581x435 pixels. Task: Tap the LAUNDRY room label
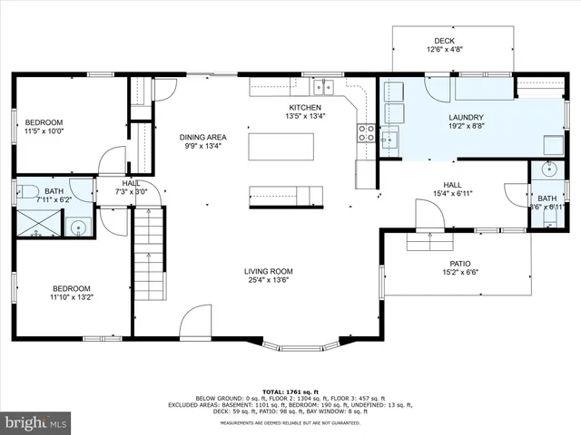pos(465,117)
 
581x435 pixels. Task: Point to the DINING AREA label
pos(202,135)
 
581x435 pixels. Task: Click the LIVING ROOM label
pos(268,271)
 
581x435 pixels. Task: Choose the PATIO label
pos(460,261)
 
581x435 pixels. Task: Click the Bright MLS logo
pos(36,422)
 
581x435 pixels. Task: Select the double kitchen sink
pos(324,87)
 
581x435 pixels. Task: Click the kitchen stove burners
pos(366,134)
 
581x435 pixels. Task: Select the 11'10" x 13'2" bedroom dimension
pos(71,295)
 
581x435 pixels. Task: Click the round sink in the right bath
pos(547,169)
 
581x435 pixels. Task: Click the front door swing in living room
pos(195,322)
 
